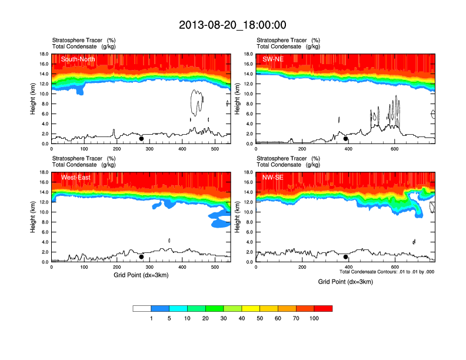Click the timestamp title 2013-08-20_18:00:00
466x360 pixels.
click(232, 25)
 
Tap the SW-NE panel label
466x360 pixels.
click(272, 59)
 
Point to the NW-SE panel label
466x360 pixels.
click(272, 177)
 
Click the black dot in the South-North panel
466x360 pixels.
click(141, 139)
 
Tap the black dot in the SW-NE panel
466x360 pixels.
click(345, 139)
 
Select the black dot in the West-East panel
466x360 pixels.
click(141, 257)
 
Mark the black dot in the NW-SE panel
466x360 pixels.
click(345, 257)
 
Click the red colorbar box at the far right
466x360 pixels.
click(323, 308)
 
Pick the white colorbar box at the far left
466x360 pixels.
click(142, 308)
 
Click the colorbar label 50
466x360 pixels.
click(260, 318)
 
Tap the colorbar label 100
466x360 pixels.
click(314, 318)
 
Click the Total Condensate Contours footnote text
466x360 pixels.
click(387, 272)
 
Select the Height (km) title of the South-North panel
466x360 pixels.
click(34, 99)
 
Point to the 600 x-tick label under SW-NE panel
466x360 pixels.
click(394, 149)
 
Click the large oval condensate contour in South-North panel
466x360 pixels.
click(195, 102)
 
